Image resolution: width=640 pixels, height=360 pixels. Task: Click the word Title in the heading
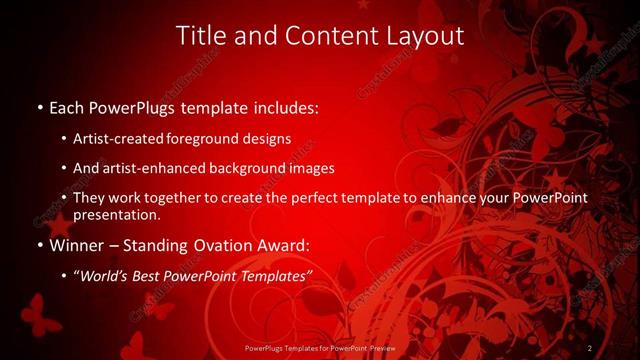click(x=198, y=36)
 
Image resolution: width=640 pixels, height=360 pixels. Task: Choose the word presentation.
click(x=116, y=214)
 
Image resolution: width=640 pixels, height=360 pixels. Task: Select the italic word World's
click(x=108, y=275)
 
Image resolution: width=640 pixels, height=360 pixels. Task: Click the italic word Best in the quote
click(x=150, y=275)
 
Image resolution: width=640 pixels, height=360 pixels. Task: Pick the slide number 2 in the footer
click(x=591, y=348)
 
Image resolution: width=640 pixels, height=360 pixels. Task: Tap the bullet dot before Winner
click(x=39, y=245)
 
